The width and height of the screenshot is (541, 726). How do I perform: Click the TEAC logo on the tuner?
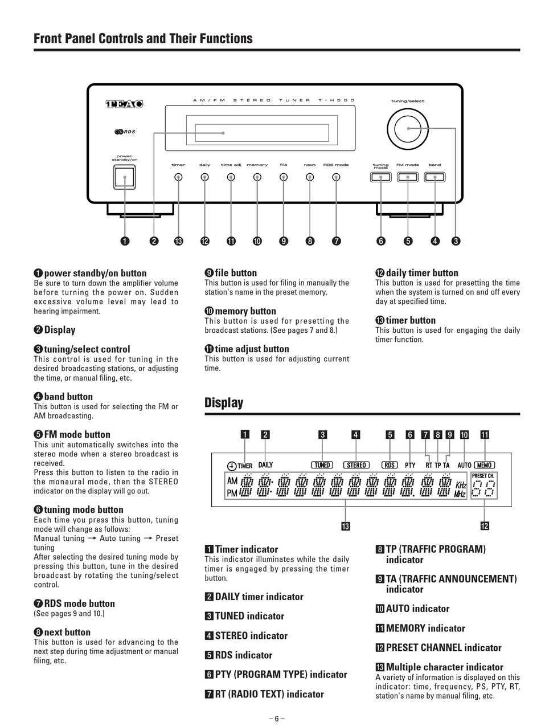124,104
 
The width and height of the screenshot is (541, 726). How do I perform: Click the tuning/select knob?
408,128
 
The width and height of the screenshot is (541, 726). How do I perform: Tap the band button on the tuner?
435,177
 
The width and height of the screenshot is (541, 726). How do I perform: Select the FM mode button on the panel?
408,177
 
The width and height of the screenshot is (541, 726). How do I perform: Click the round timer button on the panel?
178,177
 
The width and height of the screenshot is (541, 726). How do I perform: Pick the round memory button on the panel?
257,177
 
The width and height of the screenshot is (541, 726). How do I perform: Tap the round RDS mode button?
336,177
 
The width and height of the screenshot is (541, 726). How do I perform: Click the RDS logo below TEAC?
125,133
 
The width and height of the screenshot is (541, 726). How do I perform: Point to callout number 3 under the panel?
456,241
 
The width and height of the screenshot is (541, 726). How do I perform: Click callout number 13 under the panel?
178,241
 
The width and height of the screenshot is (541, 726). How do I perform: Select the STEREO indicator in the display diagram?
356,465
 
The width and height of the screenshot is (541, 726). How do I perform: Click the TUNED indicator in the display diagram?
322,465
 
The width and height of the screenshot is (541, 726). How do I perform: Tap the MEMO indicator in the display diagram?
485,465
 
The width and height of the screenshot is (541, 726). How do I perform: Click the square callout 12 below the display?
485,525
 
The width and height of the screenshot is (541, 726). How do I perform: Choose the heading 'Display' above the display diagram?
224,403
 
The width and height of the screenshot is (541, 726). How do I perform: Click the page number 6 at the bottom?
277,719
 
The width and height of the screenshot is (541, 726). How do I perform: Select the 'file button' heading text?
236,273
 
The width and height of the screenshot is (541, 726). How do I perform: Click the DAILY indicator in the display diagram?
265,465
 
